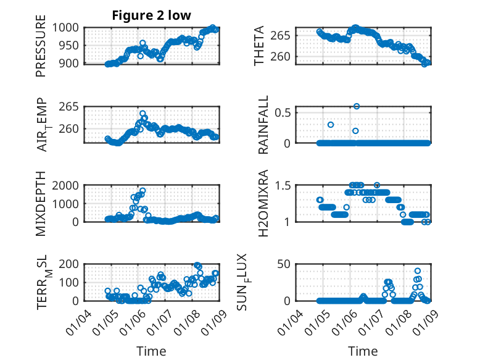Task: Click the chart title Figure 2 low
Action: (x=151, y=15)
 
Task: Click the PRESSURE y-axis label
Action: (x=41, y=49)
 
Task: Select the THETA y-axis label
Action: (x=259, y=46)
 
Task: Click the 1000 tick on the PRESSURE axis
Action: (x=66, y=28)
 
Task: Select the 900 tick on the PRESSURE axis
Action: (x=69, y=64)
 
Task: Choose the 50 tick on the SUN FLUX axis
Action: (x=283, y=264)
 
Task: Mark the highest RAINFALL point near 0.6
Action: (x=357, y=106)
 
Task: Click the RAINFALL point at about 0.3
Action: (x=331, y=125)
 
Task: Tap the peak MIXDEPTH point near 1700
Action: (x=143, y=191)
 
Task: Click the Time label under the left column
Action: (x=151, y=351)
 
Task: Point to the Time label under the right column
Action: (x=363, y=351)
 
